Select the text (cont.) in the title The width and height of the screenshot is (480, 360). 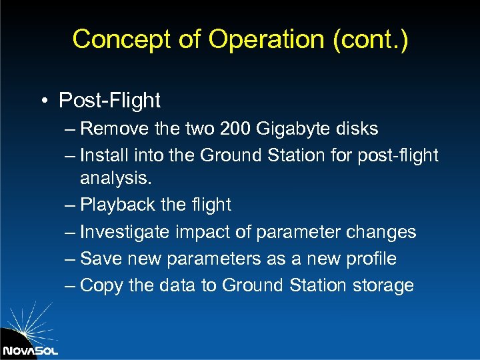[x=371, y=39]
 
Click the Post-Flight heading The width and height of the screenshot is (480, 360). [x=109, y=101]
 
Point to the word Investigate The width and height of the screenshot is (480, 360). [x=124, y=232]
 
